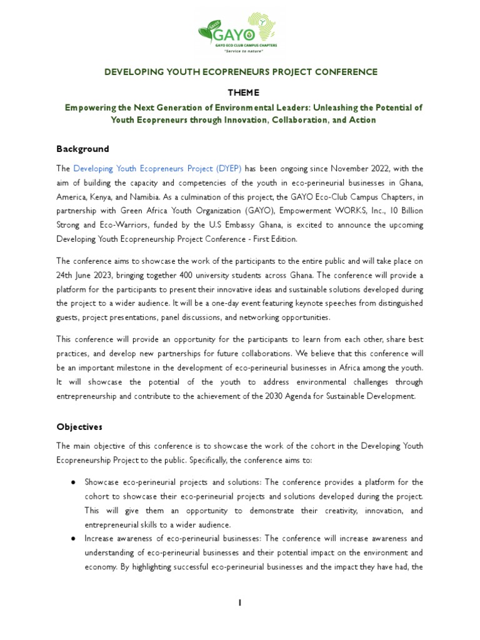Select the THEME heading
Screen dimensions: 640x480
[240, 92]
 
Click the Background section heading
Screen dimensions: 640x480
[82, 149]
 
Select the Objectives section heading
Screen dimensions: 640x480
[79, 427]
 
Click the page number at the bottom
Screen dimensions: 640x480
[239, 602]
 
